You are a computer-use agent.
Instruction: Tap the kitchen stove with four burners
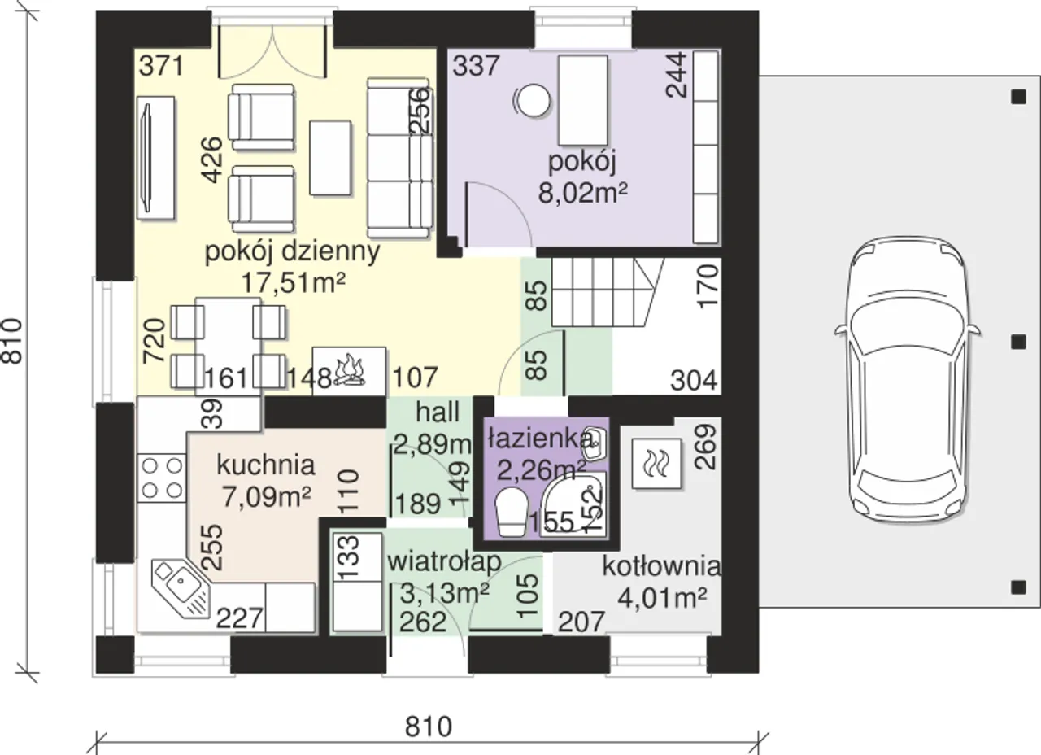162,478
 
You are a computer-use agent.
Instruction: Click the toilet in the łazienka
512,512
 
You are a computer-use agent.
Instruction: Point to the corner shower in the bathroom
574,505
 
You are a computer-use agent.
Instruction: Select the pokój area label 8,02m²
583,193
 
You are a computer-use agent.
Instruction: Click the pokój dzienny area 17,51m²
293,282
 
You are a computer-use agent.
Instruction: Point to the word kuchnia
266,465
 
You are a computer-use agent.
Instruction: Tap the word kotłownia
662,567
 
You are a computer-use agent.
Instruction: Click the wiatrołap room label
444,562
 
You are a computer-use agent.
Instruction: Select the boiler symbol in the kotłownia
656,464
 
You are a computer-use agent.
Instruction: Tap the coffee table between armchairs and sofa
330,158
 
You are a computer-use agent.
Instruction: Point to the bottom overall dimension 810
428,727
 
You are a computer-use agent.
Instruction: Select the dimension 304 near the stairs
694,381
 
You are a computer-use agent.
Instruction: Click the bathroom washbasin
594,444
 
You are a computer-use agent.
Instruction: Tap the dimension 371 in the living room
162,66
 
